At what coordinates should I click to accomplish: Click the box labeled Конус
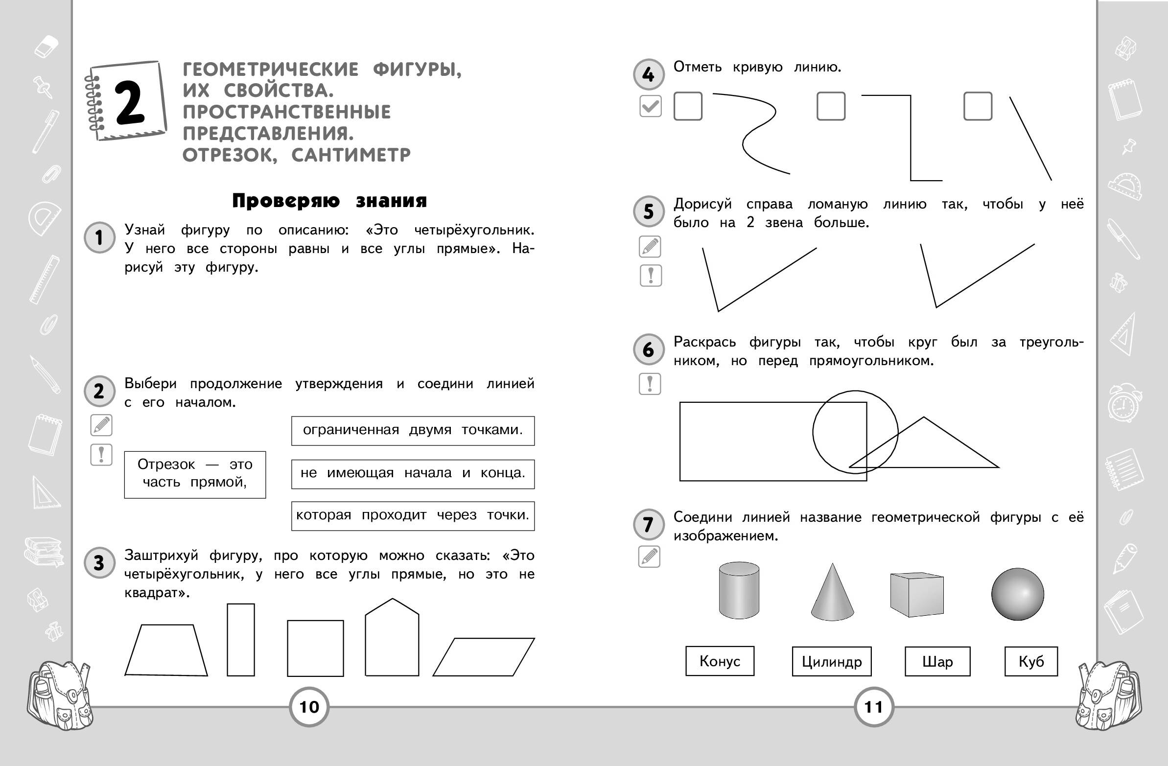[720, 661]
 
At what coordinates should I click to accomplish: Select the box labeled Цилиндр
[831, 661]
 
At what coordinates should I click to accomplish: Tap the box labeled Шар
[937, 661]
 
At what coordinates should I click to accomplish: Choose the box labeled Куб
[1030, 661]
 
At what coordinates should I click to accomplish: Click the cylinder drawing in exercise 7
[739, 590]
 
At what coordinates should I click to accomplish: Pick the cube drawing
[916, 594]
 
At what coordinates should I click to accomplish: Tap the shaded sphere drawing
[1017, 594]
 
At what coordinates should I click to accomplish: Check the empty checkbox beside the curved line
[688, 106]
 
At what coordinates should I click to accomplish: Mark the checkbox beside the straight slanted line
[978, 106]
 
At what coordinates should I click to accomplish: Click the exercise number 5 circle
[648, 211]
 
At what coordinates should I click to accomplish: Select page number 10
[309, 707]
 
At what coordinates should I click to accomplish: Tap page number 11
[873, 707]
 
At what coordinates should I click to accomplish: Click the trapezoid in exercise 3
[166, 650]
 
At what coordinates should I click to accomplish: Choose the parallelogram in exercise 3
[483, 656]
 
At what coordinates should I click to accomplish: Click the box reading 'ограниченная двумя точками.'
[413, 430]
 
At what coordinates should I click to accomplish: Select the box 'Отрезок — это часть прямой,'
[195, 474]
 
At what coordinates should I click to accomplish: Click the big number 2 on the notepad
[130, 102]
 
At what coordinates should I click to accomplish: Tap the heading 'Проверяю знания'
[329, 201]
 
